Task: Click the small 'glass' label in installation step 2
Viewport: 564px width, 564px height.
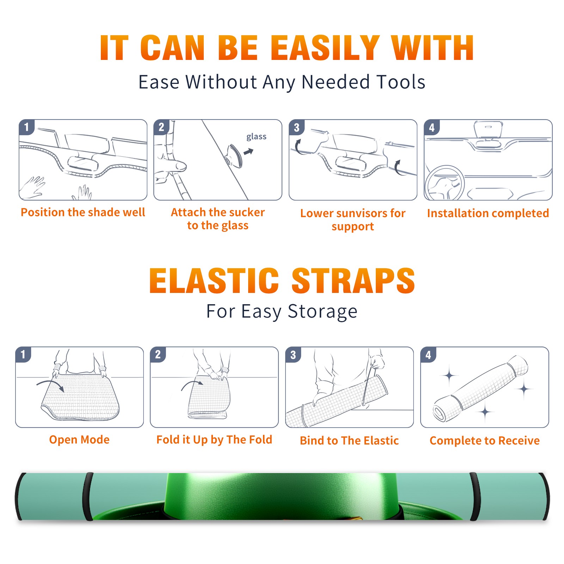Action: [x=256, y=136]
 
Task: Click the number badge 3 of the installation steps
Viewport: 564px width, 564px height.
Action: [x=296, y=127]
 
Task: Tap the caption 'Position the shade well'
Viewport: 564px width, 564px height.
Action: [x=83, y=212]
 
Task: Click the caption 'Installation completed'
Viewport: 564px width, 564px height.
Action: [x=488, y=213]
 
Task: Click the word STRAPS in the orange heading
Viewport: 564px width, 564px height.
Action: [x=353, y=281]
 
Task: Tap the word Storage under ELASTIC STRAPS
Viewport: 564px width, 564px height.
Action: [x=323, y=312]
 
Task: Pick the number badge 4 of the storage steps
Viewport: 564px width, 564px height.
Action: [x=428, y=355]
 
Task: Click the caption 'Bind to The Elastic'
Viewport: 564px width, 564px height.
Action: [x=349, y=441]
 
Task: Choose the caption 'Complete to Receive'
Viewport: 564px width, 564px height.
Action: [x=485, y=441]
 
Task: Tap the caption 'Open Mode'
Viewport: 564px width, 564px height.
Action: [x=79, y=440]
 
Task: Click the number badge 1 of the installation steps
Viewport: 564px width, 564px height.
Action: [x=26, y=127]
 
